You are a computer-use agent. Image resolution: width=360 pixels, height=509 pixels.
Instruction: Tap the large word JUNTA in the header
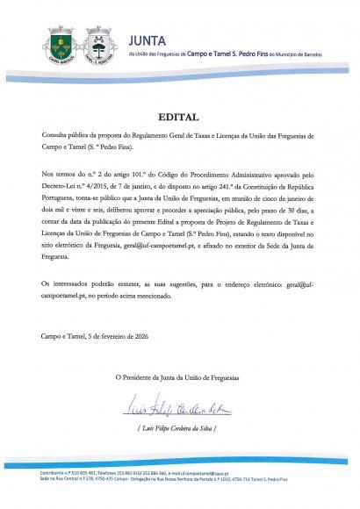pyautogui.click(x=147, y=39)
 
